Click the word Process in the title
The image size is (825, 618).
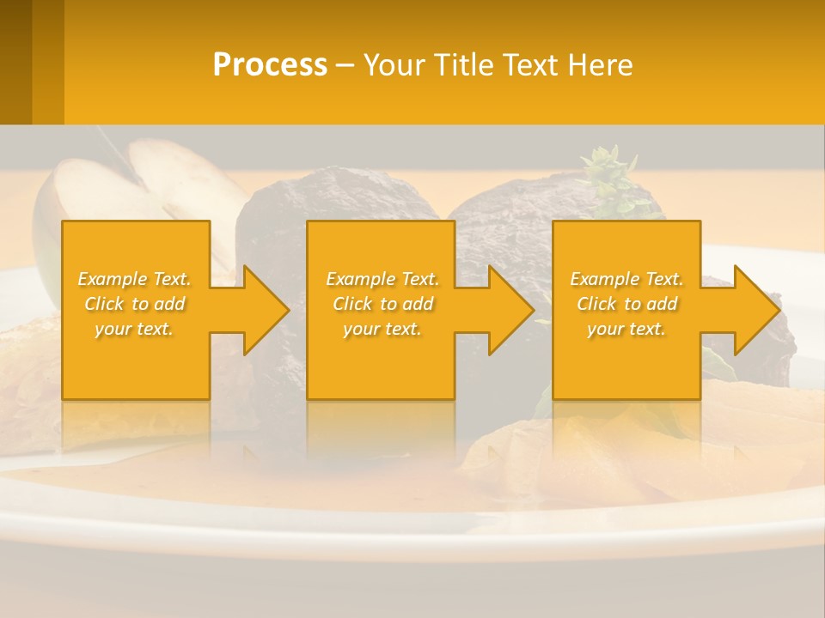(x=270, y=64)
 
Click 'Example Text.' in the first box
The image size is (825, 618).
(x=134, y=279)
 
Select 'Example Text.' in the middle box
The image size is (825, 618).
(x=382, y=279)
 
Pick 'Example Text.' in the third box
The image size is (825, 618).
(x=626, y=279)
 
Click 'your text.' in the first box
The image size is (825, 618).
(x=134, y=329)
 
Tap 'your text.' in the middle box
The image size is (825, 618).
(x=382, y=329)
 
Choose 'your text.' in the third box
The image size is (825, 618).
(x=626, y=329)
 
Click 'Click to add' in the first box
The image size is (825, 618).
(x=134, y=304)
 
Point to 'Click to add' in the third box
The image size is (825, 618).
(x=626, y=304)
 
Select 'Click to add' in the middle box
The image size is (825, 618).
(x=382, y=304)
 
